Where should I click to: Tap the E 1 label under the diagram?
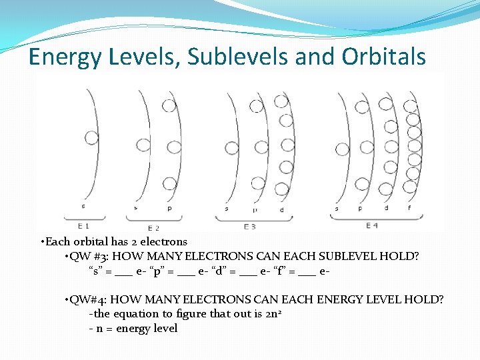point(83,225)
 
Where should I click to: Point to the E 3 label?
point(250,227)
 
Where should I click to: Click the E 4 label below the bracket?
point(372,226)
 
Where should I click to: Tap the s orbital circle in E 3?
point(231,146)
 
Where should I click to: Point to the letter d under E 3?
point(281,210)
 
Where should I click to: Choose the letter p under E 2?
point(169,208)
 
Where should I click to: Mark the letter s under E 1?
point(83,206)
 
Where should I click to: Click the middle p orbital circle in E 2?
point(173,146)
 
